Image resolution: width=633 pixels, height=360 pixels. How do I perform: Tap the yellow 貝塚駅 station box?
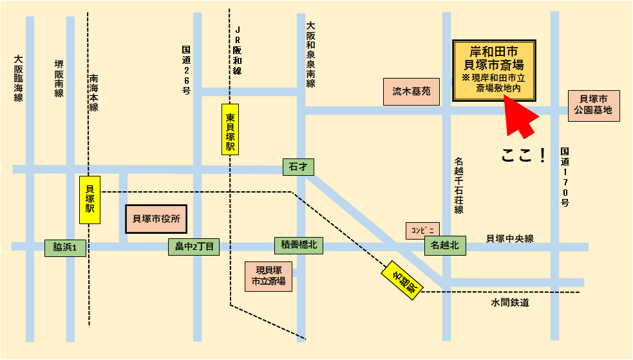tap(90, 200)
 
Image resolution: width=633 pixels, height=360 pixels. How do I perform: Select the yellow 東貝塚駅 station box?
tap(230, 129)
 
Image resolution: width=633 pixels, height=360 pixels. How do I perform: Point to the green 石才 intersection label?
tap(298, 167)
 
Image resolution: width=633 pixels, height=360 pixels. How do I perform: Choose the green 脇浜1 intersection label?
tap(65, 247)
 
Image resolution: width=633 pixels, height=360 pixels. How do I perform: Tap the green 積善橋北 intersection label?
tap(299, 245)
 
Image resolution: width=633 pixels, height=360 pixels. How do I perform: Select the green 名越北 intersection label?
tap(444, 245)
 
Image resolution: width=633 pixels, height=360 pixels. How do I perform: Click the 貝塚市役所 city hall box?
tap(156, 219)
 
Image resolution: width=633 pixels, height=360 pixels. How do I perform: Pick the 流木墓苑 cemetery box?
tap(411, 92)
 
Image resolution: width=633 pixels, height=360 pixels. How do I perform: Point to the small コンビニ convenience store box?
tap(422, 230)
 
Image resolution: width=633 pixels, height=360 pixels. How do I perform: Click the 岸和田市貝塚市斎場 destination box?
tap(495, 71)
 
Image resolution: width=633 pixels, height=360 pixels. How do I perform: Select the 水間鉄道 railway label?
tap(509, 302)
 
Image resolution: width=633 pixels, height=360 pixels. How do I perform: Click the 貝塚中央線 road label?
tap(509, 239)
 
